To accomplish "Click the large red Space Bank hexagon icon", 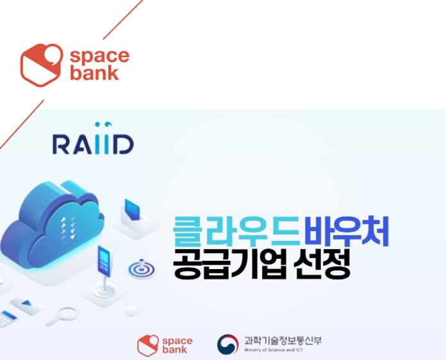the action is (42, 65).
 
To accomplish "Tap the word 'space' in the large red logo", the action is (99, 56).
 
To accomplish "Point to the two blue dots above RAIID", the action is (104, 124).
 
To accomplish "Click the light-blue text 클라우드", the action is (236, 231).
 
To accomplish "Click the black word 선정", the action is (322, 264).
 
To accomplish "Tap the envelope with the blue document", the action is (136, 218).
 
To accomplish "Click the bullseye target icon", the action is (142, 269).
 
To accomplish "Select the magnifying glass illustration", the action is (63, 316).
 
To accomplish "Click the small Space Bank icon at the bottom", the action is (147, 345).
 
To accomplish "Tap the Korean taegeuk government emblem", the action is (228, 344).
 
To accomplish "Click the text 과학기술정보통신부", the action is (283, 340).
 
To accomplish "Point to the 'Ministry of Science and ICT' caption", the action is (274, 350).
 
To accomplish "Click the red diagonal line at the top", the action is (123, 19).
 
